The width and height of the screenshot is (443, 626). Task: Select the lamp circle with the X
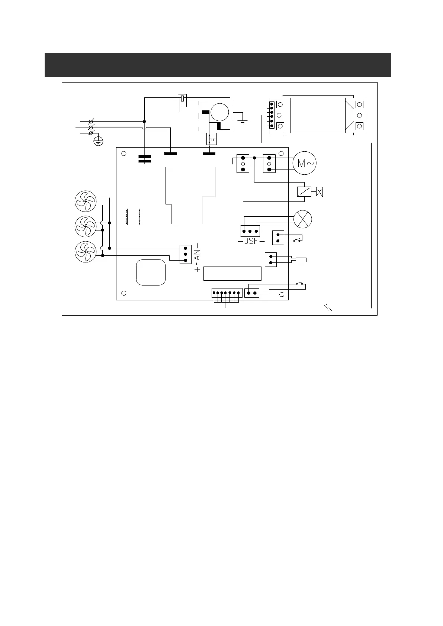click(303, 219)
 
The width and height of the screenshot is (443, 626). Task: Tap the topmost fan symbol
click(86, 201)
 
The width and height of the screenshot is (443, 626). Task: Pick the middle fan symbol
click(86, 226)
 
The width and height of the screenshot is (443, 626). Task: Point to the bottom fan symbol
click(86, 252)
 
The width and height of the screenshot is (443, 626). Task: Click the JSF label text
click(251, 241)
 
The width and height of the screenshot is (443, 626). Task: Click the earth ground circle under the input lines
click(98, 141)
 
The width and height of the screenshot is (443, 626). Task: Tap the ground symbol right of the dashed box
click(243, 121)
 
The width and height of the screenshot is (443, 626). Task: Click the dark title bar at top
click(218, 65)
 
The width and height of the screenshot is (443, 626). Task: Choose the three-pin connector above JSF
click(250, 231)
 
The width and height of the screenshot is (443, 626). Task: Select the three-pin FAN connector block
click(185, 254)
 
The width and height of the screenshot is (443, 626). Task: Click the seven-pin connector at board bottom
click(227, 293)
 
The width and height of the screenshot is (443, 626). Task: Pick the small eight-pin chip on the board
click(133, 217)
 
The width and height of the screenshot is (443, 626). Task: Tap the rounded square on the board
click(151, 272)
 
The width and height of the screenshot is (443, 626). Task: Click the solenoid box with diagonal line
click(304, 192)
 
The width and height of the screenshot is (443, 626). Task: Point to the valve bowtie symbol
click(320, 192)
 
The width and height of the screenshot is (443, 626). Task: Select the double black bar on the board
click(144, 159)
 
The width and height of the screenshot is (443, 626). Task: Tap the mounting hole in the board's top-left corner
click(124, 154)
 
